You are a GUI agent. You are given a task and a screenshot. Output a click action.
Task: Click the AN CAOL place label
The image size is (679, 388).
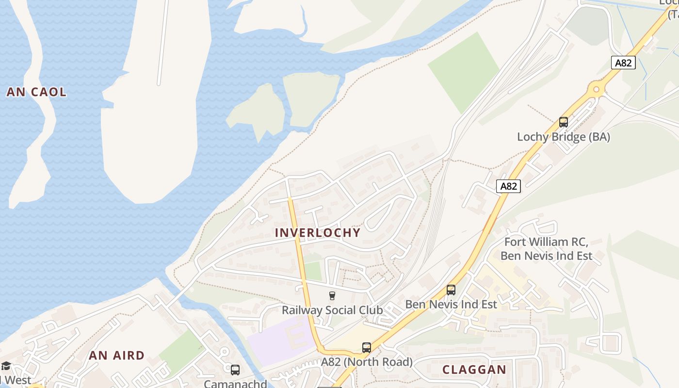[36, 92]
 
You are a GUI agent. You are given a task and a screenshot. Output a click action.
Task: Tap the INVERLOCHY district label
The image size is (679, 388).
[318, 232]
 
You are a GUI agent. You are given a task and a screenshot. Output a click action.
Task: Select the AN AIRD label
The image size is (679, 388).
[117, 356]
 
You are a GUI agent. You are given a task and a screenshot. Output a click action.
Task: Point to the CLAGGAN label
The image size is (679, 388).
[474, 370]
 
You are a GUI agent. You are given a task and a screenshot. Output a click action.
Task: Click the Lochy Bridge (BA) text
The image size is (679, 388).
[563, 137]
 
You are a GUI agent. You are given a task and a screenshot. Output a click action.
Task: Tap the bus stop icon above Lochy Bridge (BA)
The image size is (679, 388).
[563, 122]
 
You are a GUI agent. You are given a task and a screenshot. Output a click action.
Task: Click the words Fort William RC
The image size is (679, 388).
[546, 242]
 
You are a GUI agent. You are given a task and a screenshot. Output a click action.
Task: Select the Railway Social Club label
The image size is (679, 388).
[332, 310]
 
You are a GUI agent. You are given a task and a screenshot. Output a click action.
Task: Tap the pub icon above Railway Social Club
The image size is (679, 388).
[332, 296]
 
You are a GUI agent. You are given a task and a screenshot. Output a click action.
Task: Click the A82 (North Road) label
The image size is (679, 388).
[367, 362]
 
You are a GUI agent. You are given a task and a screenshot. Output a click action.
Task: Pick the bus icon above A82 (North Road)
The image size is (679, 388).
[367, 348]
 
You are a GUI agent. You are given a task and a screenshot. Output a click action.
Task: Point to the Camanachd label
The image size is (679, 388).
[235, 384]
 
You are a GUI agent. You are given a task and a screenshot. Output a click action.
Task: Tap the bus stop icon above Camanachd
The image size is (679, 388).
[235, 370]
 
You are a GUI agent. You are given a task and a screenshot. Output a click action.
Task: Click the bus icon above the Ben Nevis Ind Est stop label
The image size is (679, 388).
[451, 290]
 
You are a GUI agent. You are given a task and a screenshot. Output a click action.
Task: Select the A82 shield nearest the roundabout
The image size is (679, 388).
[623, 63]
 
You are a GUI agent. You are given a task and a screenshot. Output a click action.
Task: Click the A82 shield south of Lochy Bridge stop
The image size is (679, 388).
[508, 186]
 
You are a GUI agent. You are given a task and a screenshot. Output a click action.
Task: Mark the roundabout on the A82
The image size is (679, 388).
[596, 89]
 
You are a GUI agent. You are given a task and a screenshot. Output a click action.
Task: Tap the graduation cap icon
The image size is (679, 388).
[6, 366]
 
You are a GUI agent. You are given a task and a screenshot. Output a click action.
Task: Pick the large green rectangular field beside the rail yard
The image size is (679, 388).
[463, 72]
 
